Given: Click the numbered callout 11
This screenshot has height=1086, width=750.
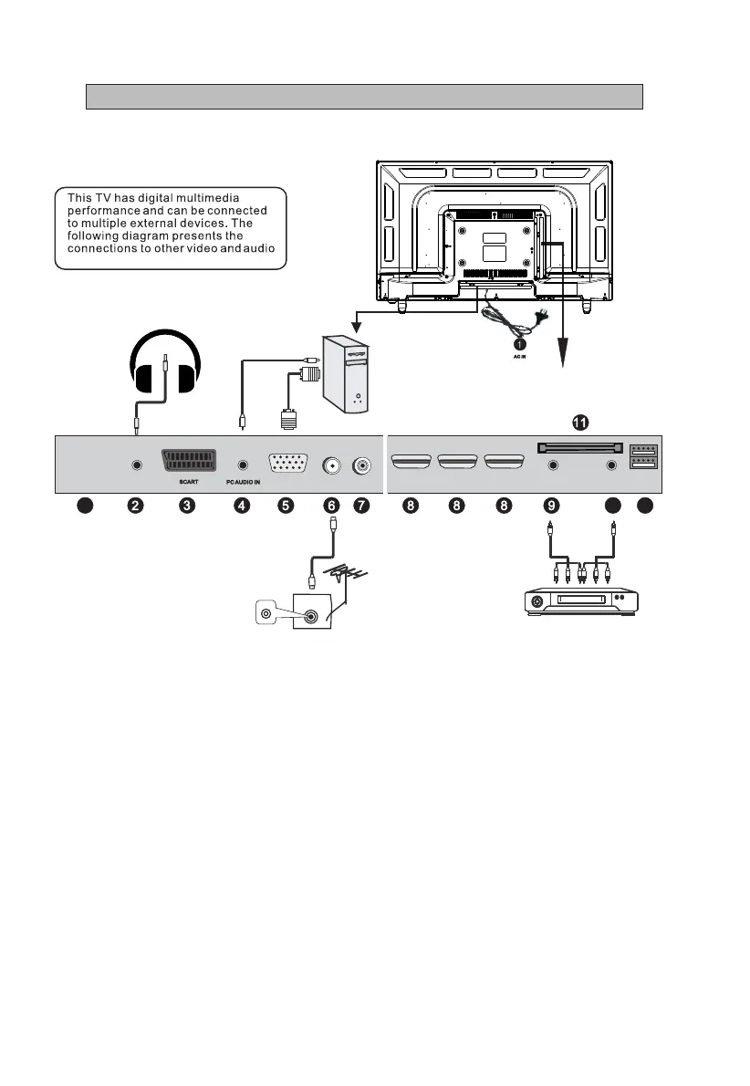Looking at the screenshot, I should coord(580,423).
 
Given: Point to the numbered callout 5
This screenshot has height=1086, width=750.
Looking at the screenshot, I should coord(286,505).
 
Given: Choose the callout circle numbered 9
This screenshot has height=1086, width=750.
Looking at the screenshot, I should coord(551,505).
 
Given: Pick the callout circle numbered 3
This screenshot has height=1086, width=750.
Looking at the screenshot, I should coord(187,505).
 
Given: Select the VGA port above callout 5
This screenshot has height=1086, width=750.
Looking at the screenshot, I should coord(286,464).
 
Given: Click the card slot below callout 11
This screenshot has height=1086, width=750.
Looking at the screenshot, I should coord(580,447).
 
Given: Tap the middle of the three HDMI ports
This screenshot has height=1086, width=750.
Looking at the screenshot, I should coord(457,464).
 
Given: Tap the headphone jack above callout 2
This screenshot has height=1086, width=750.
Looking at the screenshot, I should coord(136,465).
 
